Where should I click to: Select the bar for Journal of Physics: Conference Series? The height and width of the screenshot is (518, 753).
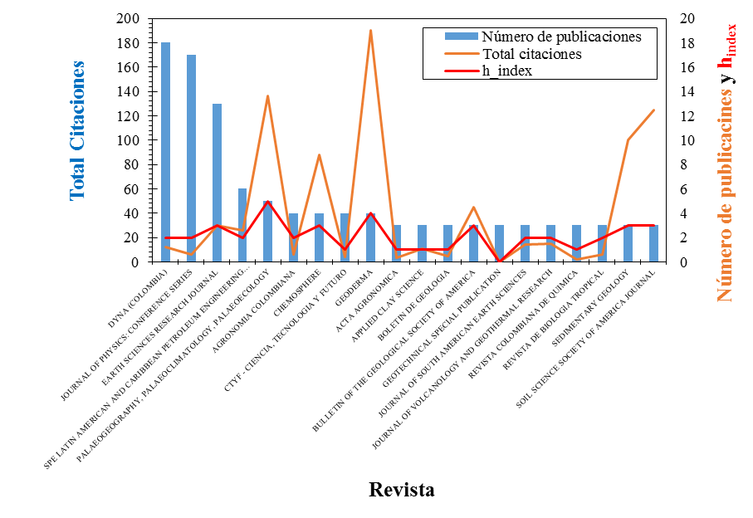pos(191,158)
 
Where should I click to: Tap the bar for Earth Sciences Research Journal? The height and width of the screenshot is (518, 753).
pos(217,183)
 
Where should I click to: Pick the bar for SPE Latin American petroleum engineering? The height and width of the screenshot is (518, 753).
pos(242,225)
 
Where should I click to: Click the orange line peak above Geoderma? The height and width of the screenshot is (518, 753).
pos(370,31)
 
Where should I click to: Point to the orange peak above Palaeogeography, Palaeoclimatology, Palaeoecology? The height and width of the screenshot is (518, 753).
pos(267,96)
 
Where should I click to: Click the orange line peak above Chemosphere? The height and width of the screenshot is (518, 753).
pos(319,155)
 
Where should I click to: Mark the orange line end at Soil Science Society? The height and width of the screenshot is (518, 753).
pos(654,110)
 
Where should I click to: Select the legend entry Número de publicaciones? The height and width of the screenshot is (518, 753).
pos(561,37)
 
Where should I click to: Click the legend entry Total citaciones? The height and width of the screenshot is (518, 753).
pos(531,54)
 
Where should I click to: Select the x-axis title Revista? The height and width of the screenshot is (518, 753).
pos(402,489)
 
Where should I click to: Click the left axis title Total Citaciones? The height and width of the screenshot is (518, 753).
pos(77,130)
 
